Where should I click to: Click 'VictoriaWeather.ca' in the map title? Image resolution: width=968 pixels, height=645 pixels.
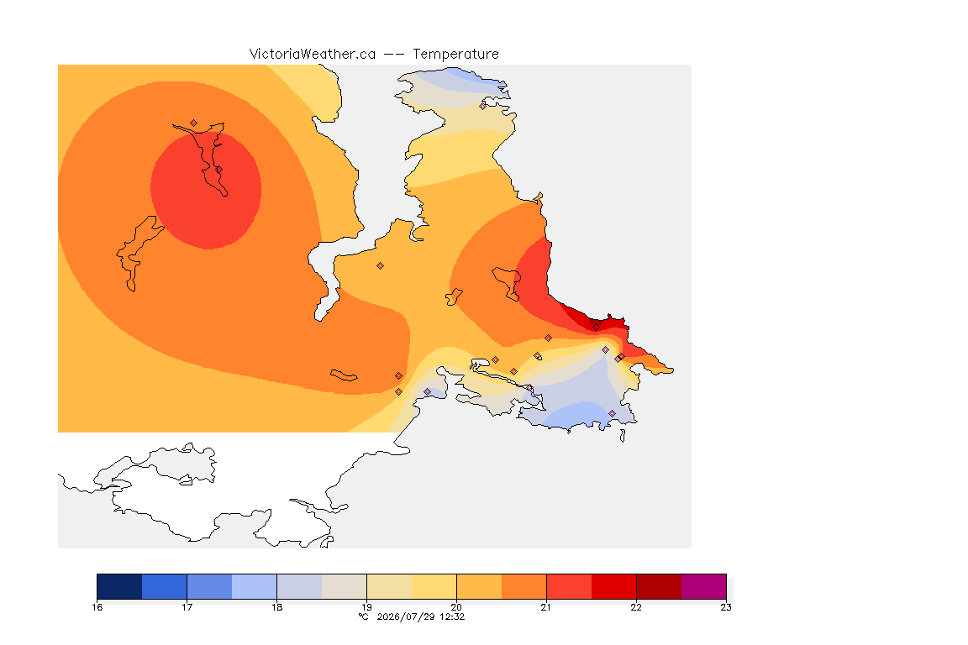click(x=313, y=55)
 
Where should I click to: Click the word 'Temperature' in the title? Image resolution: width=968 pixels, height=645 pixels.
click(x=455, y=55)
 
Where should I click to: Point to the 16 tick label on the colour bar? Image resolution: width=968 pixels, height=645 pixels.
click(x=97, y=607)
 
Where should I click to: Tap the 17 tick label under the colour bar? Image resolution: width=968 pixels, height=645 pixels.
click(x=187, y=607)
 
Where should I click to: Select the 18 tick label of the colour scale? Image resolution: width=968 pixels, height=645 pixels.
click(x=276, y=607)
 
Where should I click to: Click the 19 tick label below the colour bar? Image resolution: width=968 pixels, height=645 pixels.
click(x=366, y=607)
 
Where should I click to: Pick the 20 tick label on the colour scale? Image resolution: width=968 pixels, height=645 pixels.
click(x=456, y=607)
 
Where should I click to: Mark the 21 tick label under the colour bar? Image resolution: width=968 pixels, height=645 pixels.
click(x=545, y=607)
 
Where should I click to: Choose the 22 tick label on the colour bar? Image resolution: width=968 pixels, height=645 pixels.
click(x=636, y=607)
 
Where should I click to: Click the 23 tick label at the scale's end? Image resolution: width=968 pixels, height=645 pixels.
click(x=726, y=607)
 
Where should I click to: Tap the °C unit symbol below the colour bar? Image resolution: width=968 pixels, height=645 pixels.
click(x=364, y=616)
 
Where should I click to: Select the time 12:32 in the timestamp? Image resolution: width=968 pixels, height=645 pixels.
click(x=452, y=616)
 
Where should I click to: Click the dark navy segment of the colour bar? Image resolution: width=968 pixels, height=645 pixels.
click(x=120, y=586)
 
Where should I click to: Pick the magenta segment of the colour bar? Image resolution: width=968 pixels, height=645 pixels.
click(x=704, y=586)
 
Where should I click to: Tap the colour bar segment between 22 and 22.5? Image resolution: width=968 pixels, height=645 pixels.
click(x=659, y=586)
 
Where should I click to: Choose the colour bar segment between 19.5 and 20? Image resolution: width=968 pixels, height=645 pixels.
click(x=434, y=586)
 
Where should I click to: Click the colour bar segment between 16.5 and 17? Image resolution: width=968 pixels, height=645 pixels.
click(x=164, y=586)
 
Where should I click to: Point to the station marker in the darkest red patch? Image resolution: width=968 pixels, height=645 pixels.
click(x=596, y=328)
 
